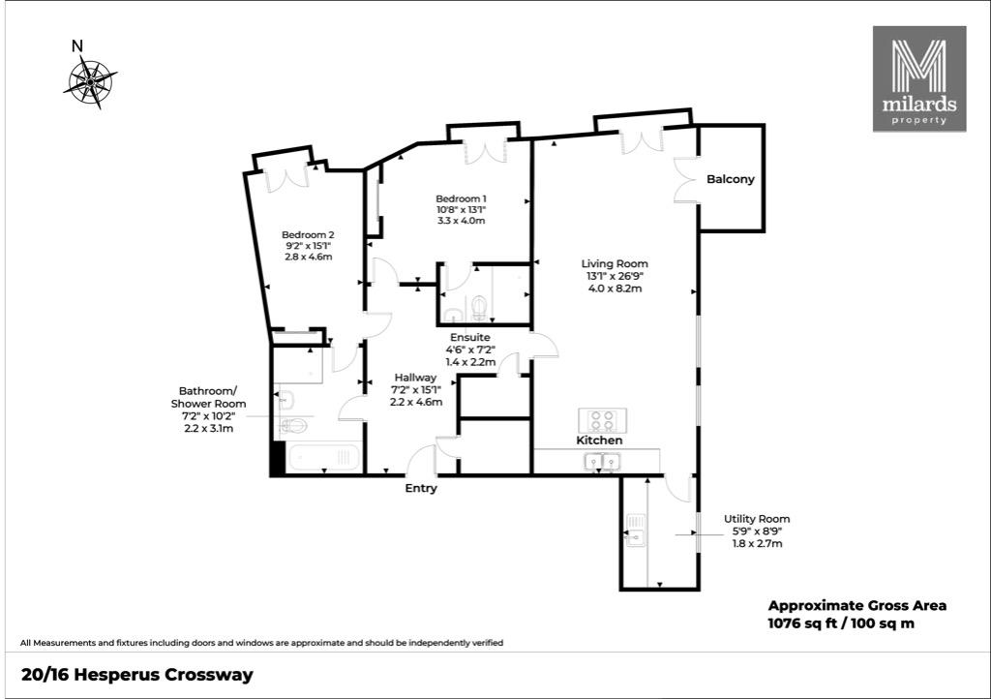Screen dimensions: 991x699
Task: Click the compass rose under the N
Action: coord(90,82)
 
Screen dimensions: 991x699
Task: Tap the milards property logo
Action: coord(919,79)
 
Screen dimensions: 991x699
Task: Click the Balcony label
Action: coord(731,179)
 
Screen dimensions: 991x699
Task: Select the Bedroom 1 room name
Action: coord(461,199)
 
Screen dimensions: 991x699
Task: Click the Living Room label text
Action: coord(615,263)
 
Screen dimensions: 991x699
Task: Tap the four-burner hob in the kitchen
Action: coord(602,420)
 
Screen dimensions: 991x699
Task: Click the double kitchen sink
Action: coord(602,462)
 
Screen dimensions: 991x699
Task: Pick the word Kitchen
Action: coord(599,441)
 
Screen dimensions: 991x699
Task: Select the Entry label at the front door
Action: coord(421,489)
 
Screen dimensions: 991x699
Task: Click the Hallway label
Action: coord(415,378)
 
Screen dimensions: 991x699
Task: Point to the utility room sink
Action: coord(636,531)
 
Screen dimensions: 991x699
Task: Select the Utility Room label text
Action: coord(757,519)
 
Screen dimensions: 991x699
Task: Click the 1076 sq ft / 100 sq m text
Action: coord(841,623)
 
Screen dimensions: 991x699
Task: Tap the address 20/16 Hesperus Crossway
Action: coord(137,676)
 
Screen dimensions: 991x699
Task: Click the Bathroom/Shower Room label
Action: coord(209,398)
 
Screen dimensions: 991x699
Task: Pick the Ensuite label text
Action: coord(469,338)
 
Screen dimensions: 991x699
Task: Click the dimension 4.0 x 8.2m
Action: coord(615,289)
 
